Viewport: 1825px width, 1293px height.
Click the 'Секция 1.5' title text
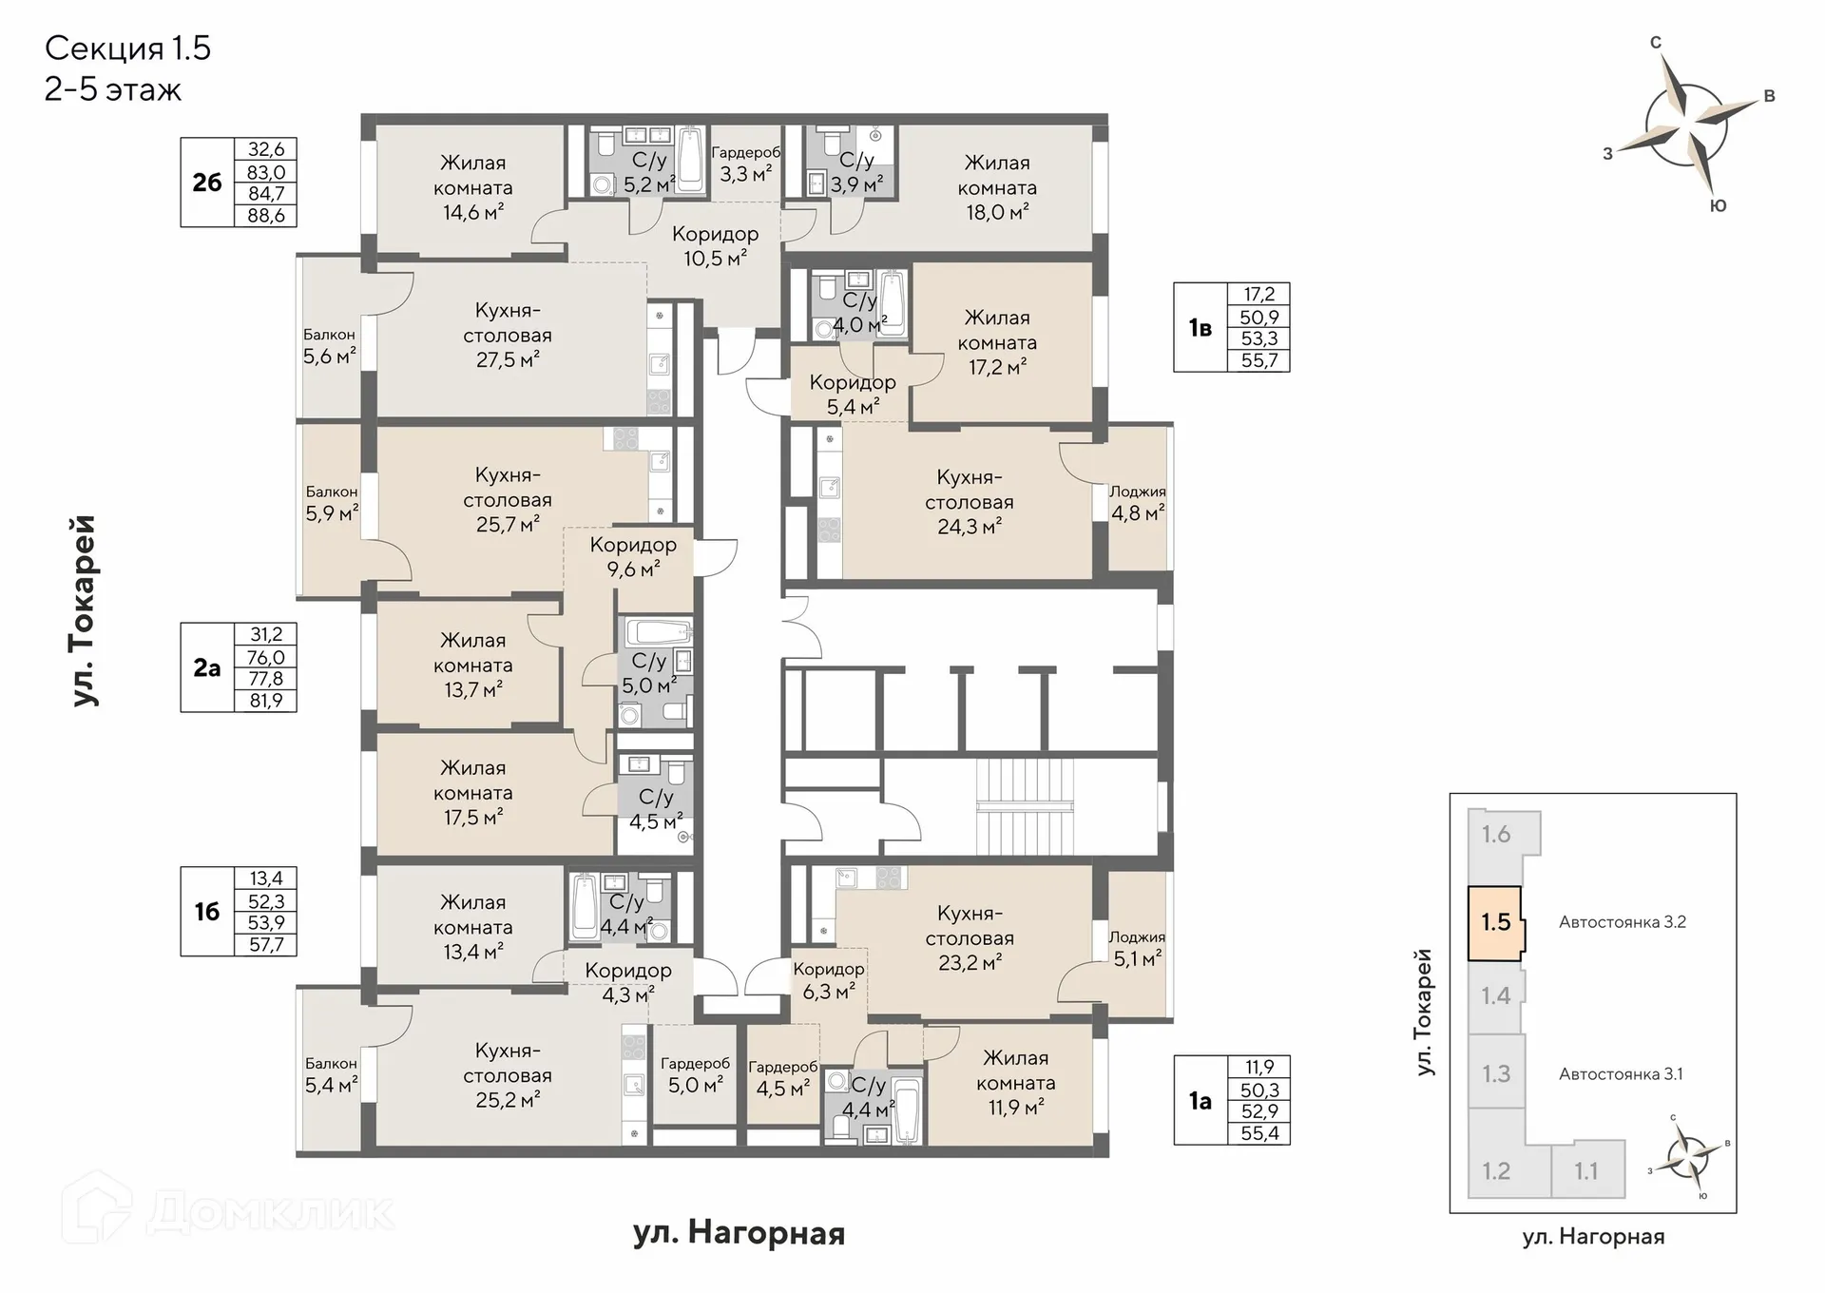(127, 48)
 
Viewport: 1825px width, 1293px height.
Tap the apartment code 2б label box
(207, 183)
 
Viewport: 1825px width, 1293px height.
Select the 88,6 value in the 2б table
(266, 216)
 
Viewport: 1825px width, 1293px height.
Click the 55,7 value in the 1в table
(1259, 360)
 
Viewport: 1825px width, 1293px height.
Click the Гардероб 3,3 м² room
(746, 164)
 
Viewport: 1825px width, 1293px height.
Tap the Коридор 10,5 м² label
(716, 245)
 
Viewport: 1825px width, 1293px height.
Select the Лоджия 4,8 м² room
(1138, 499)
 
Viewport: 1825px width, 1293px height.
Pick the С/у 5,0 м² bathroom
(655, 673)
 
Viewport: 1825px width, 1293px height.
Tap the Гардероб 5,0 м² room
(695, 1074)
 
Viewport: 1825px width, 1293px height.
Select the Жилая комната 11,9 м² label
(1015, 1083)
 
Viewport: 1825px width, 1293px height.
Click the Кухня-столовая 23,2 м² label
(970, 937)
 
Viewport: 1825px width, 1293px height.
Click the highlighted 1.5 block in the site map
(1496, 922)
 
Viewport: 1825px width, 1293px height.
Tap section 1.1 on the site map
(1586, 1171)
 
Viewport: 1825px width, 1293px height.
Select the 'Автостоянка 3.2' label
(1623, 921)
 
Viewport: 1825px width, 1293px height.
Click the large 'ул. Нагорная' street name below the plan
(739, 1233)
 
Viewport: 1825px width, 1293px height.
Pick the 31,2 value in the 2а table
(266, 634)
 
